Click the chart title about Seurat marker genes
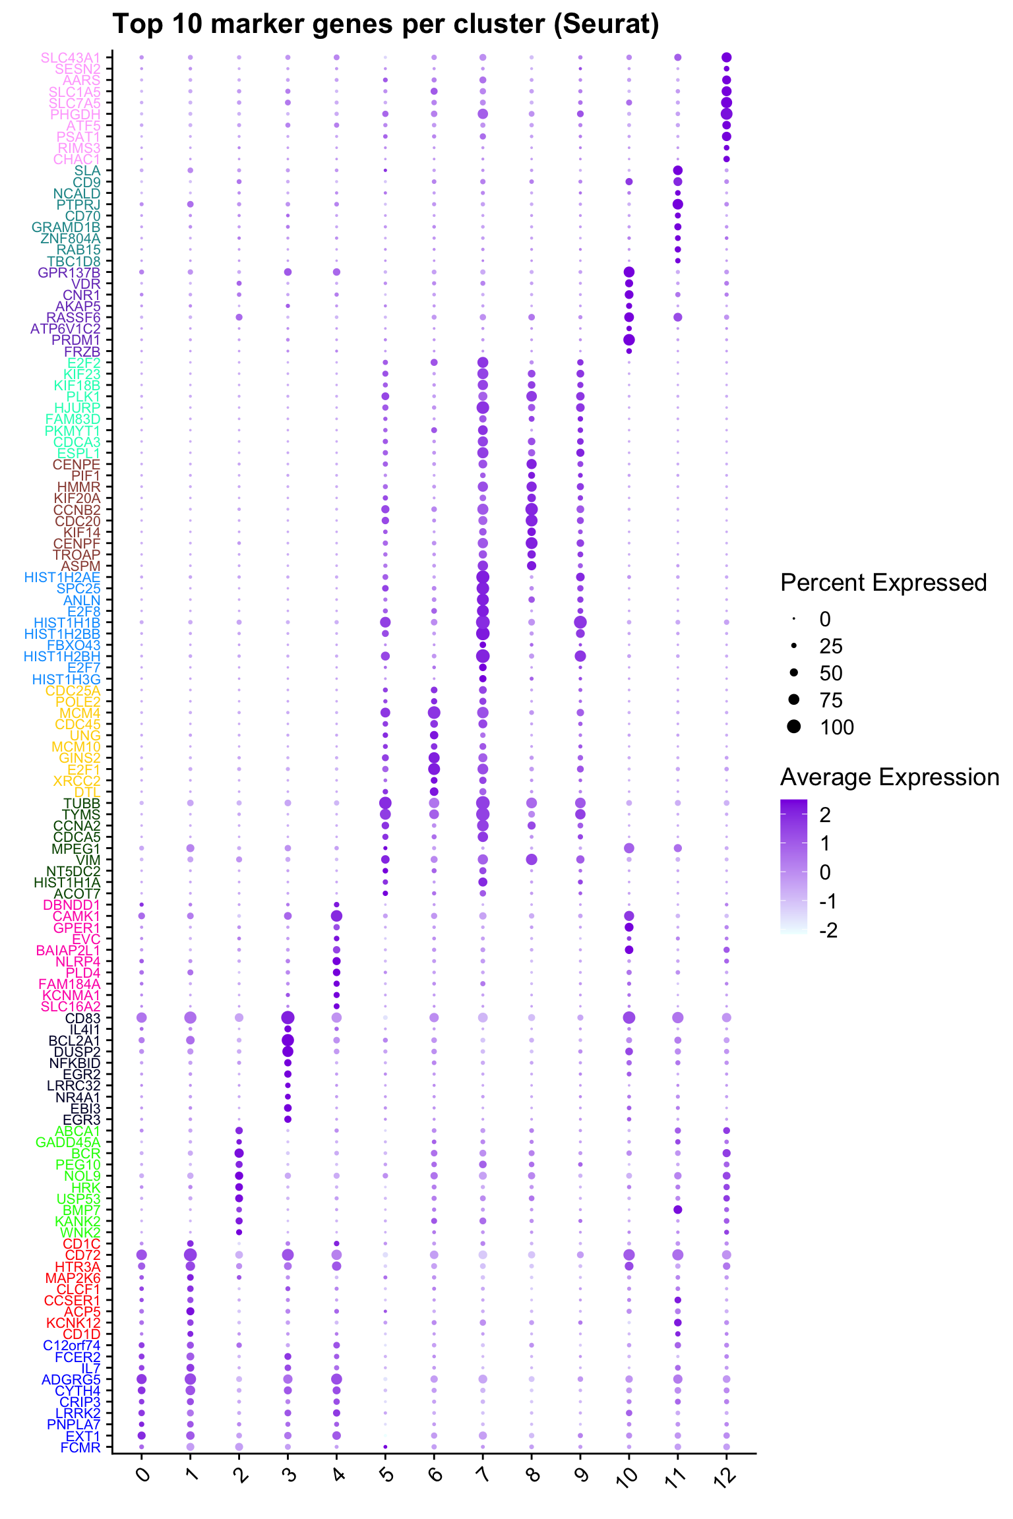386,24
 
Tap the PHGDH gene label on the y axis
75,115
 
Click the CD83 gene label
82,1018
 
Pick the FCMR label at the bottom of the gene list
80,1447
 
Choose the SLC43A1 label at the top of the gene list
71,58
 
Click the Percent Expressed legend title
883,583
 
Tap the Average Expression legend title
890,778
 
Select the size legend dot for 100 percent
794,727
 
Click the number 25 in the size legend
831,646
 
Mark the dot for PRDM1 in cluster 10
629,340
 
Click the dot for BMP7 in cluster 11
677,1210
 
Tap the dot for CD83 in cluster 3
288,1018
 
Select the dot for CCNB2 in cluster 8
532,510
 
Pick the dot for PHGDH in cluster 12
726,114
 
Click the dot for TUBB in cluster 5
385,803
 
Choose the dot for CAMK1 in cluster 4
336,916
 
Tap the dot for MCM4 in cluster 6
434,713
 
